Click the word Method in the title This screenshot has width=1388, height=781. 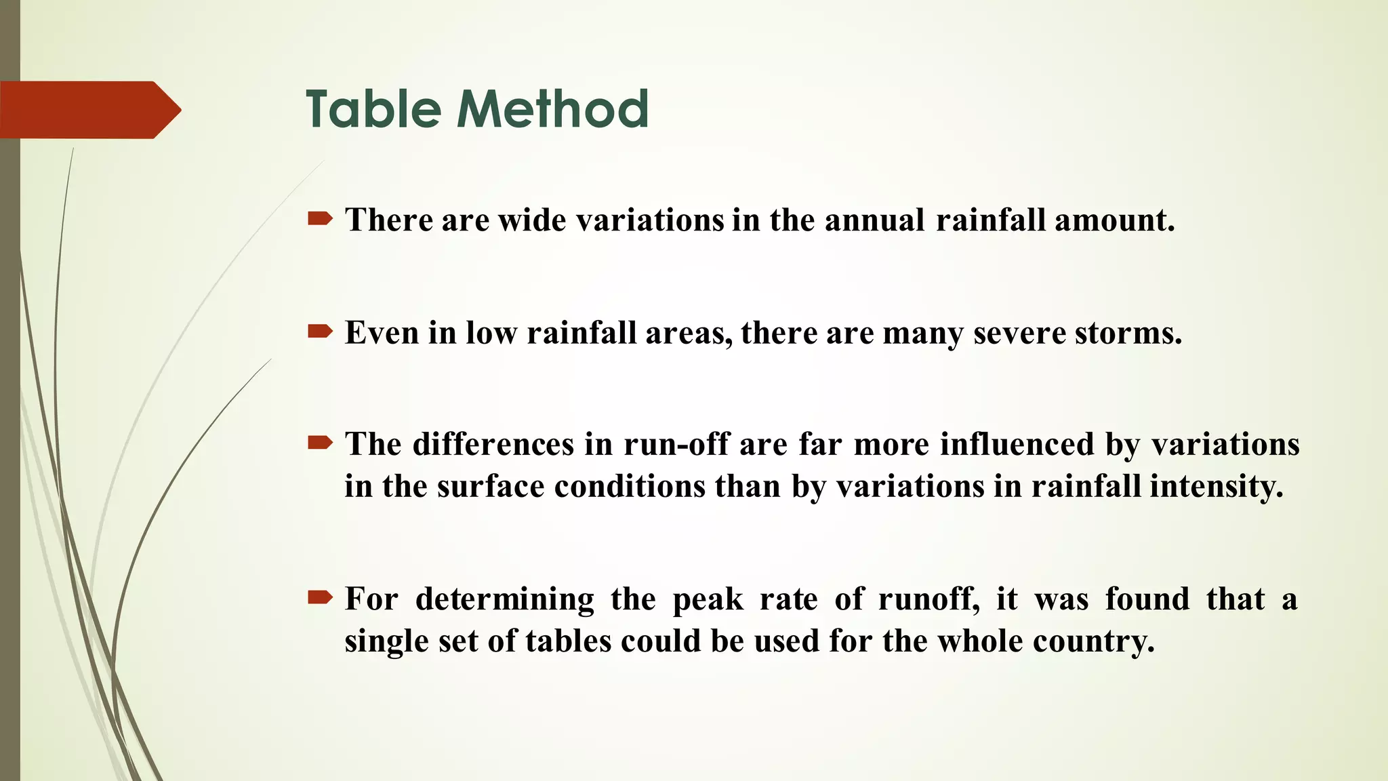pyautogui.click(x=553, y=109)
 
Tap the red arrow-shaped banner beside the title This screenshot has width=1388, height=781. pyautogui.click(x=88, y=110)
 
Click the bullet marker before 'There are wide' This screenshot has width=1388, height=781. pyautogui.click(x=320, y=218)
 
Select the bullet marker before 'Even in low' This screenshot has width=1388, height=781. pyautogui.click(x=320, y=331)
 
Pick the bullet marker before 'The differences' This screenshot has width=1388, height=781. pyautogui.click(x=320, y=443)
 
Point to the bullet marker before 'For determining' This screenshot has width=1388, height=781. pyautogui.click(x=320, y=597)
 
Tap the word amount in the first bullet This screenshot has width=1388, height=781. pyautogui.click(x=1114, y=220)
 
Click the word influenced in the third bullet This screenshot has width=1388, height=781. pyautogui.click(x=1017, y=445)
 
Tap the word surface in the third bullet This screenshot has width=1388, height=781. pyautogui.click(x=491, y=487)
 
